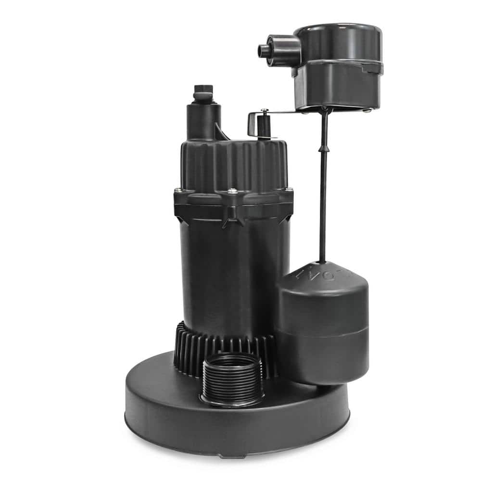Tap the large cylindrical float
tap(322, 327)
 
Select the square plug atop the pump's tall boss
tap(203, 90)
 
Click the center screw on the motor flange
tap(233, 191)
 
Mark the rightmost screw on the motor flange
tap(289, 190)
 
